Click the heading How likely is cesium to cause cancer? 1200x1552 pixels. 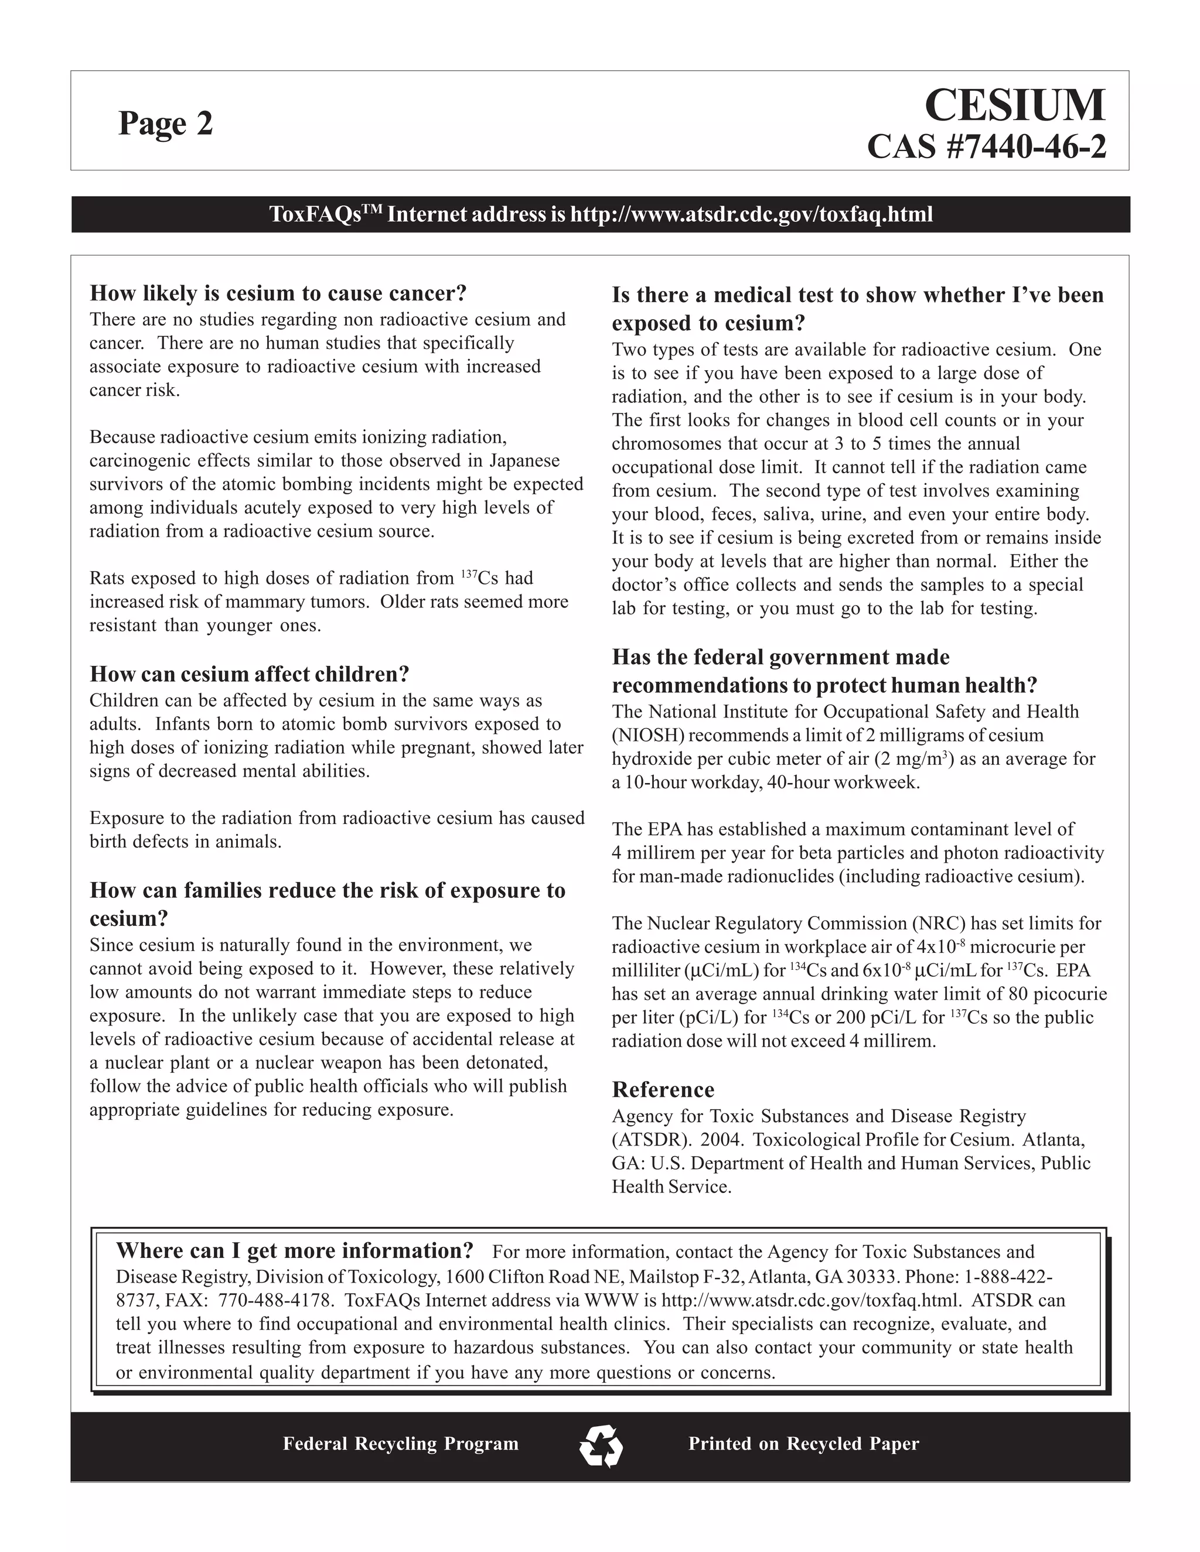[x=278, y=293]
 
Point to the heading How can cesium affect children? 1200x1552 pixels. [x=250, y=673]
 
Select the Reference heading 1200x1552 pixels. [x=663, y=1089]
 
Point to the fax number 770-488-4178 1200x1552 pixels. [x=275, y=1300]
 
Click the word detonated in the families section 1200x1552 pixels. [x=504, y=1062]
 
